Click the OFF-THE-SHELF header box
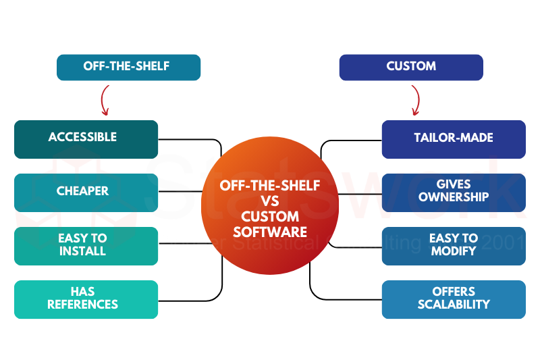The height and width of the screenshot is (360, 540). pyautogui.click(x=128, y=68)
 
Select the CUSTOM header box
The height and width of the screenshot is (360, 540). pyautogui.click(x=411, y=68)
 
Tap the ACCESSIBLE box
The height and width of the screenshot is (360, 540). pyautogui.click(x=86, y=139)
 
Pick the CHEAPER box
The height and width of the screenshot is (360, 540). pyautogui.click(x=86, y=192)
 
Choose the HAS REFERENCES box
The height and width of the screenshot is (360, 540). pyautogui.click(x=86, y=299)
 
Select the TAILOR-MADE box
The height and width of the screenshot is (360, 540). pyautogui.click(x=454, y=139)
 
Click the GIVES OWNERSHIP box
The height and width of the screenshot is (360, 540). pyautogui.click(x=454, y=192)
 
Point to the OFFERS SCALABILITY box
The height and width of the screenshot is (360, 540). pyautogui.click(x=454, y=299)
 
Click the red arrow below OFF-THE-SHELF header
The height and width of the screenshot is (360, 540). pyautogui.click(x=105, y=101)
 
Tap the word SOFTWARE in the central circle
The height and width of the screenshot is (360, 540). pyautogui.click(x=270, y=232)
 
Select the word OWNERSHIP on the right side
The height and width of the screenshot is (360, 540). pyautogui.click(x=454, y=198)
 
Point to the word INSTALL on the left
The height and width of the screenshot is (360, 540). pyautogui.click(x=82, y=251)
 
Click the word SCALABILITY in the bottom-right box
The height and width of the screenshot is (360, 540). pyautogui.click(x=454, y=305)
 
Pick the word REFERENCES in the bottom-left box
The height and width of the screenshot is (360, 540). pyautogui.click(x=83, y=305)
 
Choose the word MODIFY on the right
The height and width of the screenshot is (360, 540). pyautogui.click(x=454, y=251)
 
